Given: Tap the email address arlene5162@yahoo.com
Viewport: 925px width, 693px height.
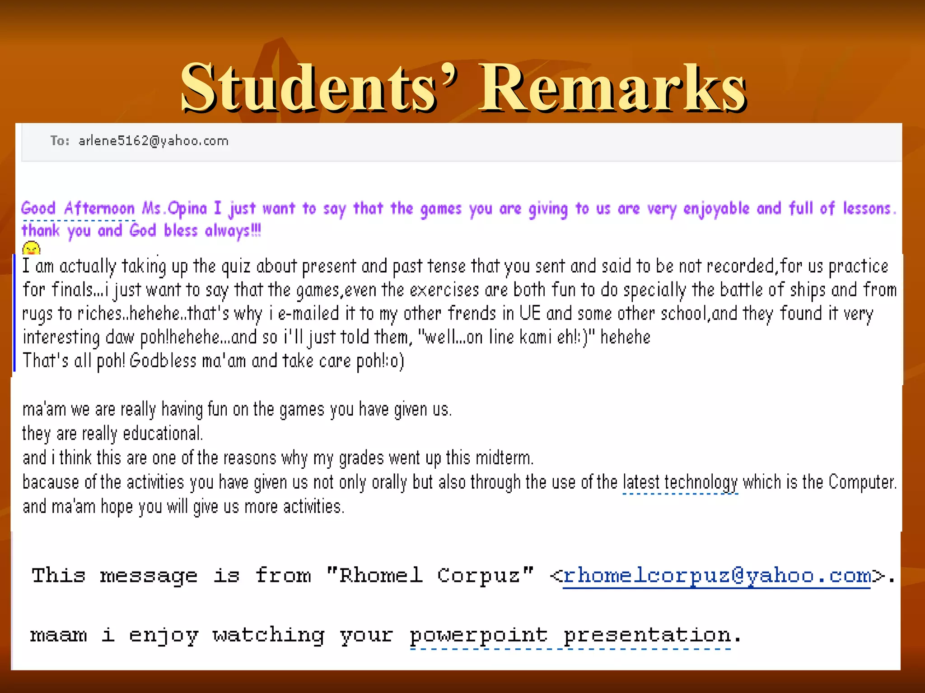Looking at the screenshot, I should coord(154,141).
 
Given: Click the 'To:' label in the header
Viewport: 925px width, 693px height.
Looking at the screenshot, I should coord(60,141).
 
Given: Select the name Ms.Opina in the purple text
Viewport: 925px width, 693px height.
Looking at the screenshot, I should coord(174,208).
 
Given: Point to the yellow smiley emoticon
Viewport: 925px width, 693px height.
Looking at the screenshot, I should coord(31,249).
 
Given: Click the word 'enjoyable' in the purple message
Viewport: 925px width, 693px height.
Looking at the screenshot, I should coord(716,209).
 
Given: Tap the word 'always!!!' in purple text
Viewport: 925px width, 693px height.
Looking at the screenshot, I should coord(233,231).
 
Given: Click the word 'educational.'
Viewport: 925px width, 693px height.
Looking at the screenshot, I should coord(163,434).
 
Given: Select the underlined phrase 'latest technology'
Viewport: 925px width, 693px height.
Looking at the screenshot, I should coord(680,482).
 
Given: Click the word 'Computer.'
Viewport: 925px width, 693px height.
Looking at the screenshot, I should coord(863,482).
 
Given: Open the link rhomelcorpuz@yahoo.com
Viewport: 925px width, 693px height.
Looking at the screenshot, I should coord(717,576).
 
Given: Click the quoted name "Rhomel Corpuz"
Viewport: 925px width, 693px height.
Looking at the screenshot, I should coord(430,576).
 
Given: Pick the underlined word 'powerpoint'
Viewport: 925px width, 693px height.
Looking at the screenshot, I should coord(479,636).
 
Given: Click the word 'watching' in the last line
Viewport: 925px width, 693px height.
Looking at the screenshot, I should coord(268,636).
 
